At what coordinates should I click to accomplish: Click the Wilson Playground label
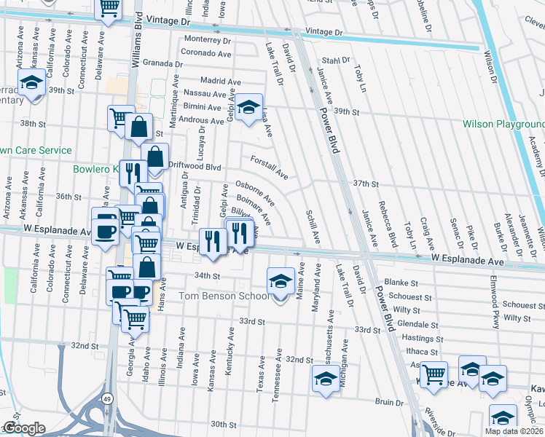(503, 124)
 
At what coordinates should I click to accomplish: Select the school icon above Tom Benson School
(281, 280)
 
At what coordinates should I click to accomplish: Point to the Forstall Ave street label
(270, 169)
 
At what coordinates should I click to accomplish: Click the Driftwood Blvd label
(195, 166)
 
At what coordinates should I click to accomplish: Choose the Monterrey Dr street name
(208, 39)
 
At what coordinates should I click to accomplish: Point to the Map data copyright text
(514, 431)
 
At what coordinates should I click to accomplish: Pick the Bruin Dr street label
(390, 402)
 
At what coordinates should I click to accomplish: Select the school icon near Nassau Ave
(248, 109)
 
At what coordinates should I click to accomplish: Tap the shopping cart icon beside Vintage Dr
(109, 9)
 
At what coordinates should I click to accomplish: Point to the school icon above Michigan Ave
(326, 378)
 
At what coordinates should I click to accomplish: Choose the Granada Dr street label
(162, 63)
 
